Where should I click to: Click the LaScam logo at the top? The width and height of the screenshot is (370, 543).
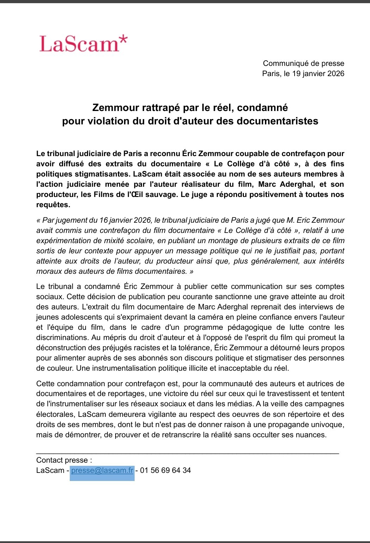coord(83,44)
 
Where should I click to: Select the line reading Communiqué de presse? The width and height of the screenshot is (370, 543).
coord(303,63)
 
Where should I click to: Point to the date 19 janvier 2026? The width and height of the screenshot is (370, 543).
coord(318,74)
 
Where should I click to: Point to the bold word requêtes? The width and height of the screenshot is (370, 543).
coord(53,205)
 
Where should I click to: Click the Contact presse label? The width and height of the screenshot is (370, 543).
coord(64,460)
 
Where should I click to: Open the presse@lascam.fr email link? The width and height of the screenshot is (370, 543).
coord(102,470)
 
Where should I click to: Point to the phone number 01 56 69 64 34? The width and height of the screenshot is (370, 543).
coord(166,470)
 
